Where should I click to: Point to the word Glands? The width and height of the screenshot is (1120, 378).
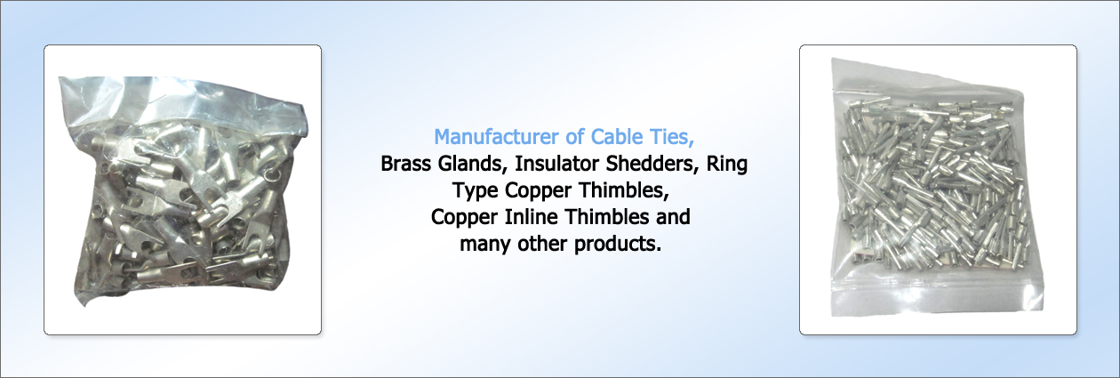(x=473, y=164)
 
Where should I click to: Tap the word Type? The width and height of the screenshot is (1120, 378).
(x=476, y=191)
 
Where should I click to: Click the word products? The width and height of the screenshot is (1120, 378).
(x=618, y=245)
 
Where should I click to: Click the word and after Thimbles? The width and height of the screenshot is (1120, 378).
(x=673, y=217)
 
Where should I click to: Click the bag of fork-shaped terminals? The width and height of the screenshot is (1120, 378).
(x=182, y=191)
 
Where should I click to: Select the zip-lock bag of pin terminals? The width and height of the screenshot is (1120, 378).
(x=938, y=188)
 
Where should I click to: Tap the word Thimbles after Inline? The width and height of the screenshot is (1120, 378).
(x=606, y=217)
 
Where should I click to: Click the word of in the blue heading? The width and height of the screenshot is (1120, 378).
(x=574, y=137)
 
